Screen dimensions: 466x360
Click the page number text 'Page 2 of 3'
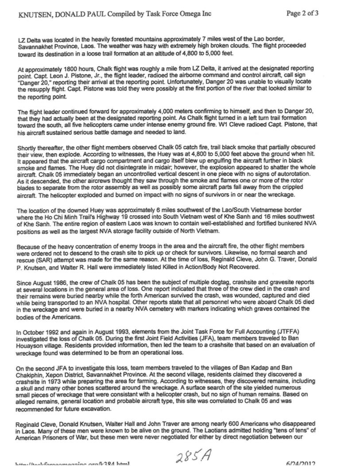point(302,13)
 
